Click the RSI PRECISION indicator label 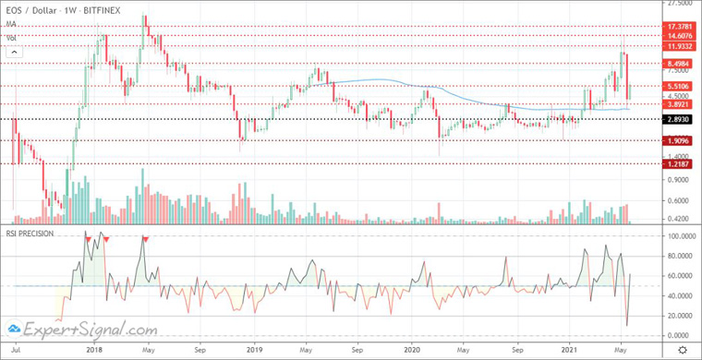click(x=30, y=234)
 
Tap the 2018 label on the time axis click(x=92, y=351)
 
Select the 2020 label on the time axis click(x=413, y=351)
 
